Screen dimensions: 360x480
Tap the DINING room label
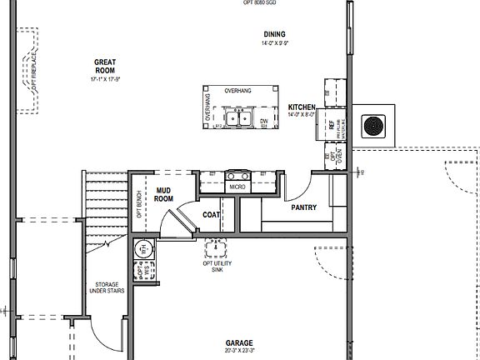pyautogui.click(x=275, y=34)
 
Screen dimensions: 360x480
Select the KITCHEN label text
pyautogui.click(x=301, y=108)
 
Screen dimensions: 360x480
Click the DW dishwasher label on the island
pyautogui.click(x=263, y=122)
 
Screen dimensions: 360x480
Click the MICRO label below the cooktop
pyautogui.click(x=238, y=187)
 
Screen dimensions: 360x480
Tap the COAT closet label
pyautogui.click(x=212, y=214)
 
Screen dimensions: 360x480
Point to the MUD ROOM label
pyautogui.click(x=164, y=195)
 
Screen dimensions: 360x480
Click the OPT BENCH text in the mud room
pyautogui.click(x=138, y=204)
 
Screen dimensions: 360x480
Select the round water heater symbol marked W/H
pyautogui.click(x=143, y=249)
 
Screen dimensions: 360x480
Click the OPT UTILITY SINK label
pyautogui.click(x=216, y=267)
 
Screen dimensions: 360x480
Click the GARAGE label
pyautogui.click(x=239, y=343)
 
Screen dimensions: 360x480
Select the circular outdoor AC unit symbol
pyautogui.click(x=372, y=126)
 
